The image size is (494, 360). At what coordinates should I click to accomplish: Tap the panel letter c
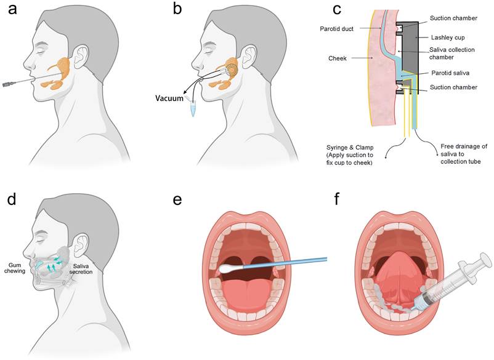(336, 10)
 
